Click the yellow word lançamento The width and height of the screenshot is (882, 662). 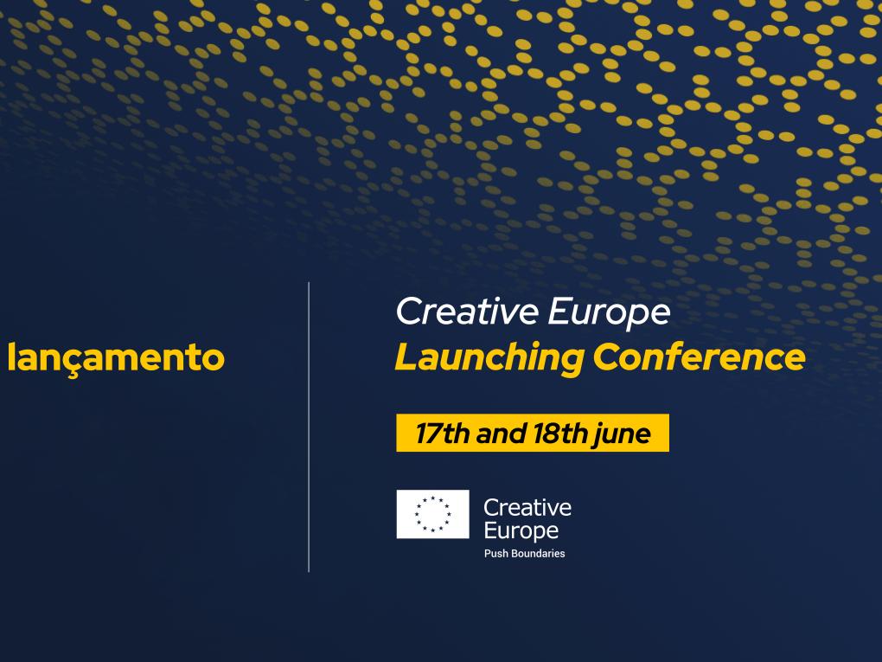pyautogui.click(x=116, y=358)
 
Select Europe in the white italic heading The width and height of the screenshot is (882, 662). pyautogui.click(x=610, y=313)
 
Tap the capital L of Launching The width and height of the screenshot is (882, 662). pyautogui.click(x=408, y=357)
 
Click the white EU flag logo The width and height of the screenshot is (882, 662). pyautogui.click(x=432, y=514)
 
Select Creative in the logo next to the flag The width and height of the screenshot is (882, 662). pyautogui.click(x=527, y=508)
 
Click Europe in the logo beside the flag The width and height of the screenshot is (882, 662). pyautogui.click(x=521, y=531)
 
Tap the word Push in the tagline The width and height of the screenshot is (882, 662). pyautogui.click(x=496, y=553)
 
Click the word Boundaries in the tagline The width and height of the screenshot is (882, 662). pyautogui.click(x=539, y=553)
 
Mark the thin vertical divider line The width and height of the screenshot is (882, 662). pyautogui.click(x=309, y=427)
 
